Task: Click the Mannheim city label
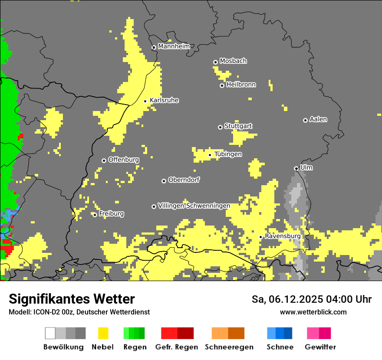[x=174, y=46]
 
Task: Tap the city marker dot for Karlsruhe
[x=145, y=101]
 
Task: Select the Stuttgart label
[x=238, y=126]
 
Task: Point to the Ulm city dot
[x=296, y=168]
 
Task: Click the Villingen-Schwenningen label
[x=194, y=206]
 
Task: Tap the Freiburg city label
[x=111, y=214]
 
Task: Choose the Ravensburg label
[x=283, y=236]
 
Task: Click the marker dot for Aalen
[x=305, y=120]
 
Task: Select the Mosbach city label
[x=233, y=61]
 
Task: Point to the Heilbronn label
[x=241, y=85]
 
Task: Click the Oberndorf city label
[x=184, y=180]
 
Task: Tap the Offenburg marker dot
[x=104, y=160]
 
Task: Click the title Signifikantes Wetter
[x=72, y=299]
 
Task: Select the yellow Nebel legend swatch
[x=103, y=333]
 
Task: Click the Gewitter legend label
[x=320, y=347]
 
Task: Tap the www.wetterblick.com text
[x=313, y=312]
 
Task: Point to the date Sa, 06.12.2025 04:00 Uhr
[x=311, y=299]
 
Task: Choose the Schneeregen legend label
[x=229, y=347]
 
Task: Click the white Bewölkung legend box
[x=50, y=333]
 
